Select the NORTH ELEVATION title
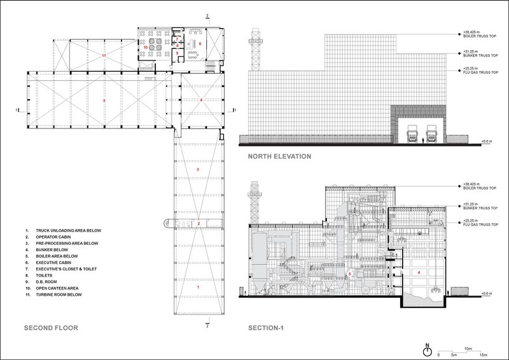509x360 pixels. coord(279,156)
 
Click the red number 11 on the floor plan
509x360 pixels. coord(102,56)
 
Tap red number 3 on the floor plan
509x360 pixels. coord(199,170)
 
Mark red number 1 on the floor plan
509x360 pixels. coord(199,287)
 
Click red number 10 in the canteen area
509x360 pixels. coord(145,47)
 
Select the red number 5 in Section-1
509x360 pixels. coord(349,274)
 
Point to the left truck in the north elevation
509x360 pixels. coord(412,135)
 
